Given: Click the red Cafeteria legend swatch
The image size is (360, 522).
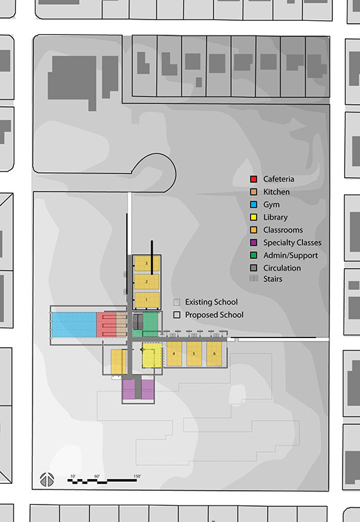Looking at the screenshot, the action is pyautogui.click(x=254, y=179).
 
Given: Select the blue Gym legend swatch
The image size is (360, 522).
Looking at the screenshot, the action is pyautogui.click(x=254, y=204).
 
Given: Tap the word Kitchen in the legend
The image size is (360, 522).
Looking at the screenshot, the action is pyautogui.click(x=276, y=192).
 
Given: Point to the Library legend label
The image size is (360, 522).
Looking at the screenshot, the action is pyautogui.click(x=275, y=217).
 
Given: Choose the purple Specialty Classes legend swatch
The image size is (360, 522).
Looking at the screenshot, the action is pyautogui.click(x=254, y=243).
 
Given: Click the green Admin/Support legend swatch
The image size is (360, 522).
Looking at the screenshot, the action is pyautogui.click(x=254, y=255).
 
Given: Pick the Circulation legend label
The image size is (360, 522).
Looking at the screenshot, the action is pyautogui.click(x=282, y=268).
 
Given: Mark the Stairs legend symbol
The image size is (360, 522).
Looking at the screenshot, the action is pyautogui.click(x=254, y=278).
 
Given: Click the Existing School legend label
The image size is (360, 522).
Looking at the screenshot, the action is pyautogui.click(x=212, y=302).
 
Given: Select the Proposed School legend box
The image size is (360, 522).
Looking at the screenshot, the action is pyautogui.click(x=177, y=314).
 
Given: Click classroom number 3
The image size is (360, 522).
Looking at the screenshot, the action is pyautogui.click(x=146, y=264).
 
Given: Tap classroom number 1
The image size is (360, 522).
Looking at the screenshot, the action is pyautogui.click(x=146, y=300).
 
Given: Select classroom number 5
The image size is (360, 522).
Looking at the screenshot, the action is pyautogui.click(x=194, y=353).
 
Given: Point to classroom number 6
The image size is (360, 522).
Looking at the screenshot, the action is pyautogui.click(x=214, y=353).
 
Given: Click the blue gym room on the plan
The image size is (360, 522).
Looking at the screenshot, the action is pyautogui.click(x=74, y=325).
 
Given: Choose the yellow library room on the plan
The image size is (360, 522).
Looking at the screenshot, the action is pyautogui.click(x=152, y=355).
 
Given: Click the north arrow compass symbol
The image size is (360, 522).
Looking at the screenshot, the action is pyautogui.click(x=47, y=480).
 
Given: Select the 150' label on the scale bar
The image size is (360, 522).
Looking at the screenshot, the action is pyautogui.click(x=137, y=476).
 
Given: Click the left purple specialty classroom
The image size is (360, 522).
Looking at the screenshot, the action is pyautogui.click(x=128, y=389).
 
